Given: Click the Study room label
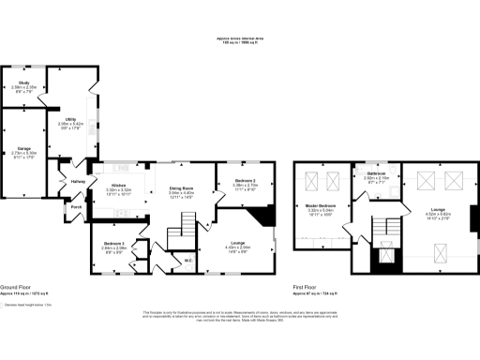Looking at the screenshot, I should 23,86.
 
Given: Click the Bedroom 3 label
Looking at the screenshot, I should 115,244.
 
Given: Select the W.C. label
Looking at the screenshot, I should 188,261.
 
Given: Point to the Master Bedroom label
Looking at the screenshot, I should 321,205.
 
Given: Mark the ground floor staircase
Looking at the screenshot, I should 188,225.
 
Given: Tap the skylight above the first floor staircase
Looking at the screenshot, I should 384,251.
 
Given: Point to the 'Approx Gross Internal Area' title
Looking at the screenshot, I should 239,38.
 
